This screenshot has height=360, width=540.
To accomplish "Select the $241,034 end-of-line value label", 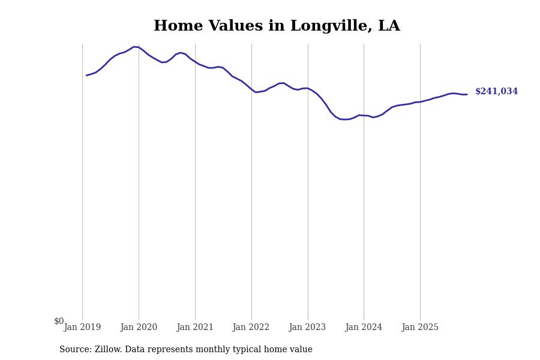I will pos(496,92).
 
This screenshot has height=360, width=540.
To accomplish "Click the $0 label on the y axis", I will pos(59,321).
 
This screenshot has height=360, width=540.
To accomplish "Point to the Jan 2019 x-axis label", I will pos(82,328).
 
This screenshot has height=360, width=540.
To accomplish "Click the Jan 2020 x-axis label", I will pos(139,328).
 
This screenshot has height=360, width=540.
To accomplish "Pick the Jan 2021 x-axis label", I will pos(195,328).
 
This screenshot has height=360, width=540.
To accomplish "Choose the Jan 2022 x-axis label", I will pos(251,328).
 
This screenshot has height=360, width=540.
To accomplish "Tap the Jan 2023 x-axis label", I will pos(308,328).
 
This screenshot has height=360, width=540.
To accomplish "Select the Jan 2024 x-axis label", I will pos(364,328).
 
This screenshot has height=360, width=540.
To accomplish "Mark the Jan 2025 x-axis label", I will pos(420,328).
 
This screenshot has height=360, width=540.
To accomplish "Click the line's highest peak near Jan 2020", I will pos(135,47).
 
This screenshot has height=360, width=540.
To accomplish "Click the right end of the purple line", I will pos(467,94).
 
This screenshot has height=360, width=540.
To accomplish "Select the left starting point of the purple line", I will pos(86,75).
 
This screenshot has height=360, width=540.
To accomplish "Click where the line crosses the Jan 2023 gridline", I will pos(308,88).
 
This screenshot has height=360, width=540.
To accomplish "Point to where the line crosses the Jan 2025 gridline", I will pos(420,102).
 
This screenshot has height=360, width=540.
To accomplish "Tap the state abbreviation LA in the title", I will pos(389,26).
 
